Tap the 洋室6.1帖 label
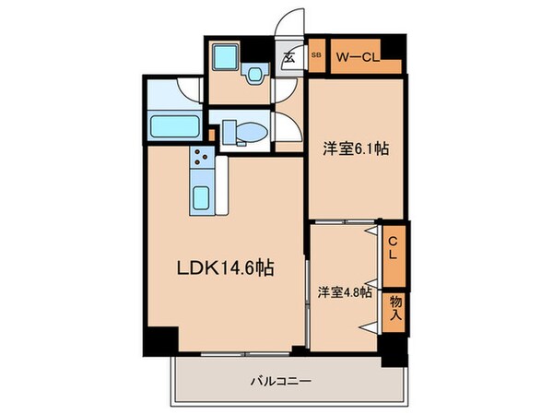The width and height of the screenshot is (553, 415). point(352,148)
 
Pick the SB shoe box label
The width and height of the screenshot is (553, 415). point(316,54)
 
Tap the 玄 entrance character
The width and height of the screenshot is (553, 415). point(288,57)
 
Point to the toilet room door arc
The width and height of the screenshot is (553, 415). point(286,129)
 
